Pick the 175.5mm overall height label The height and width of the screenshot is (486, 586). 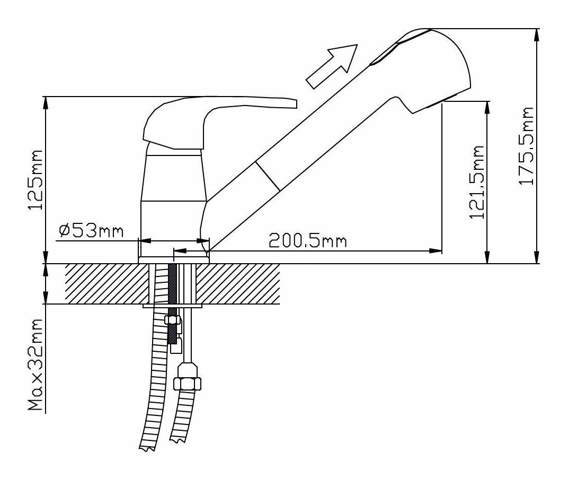pyautogui.click(x=526, y=145)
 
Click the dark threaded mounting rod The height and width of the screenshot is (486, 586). pyautogui.click(x=172, y=302)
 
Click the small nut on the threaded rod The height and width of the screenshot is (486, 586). pyautogui.click(x=172, y=319)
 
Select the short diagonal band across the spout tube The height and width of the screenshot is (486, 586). pyautogui.click(x=268, y=175)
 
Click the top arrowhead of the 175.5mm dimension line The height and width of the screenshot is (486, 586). pyautogui.click(x=538, y=33)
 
